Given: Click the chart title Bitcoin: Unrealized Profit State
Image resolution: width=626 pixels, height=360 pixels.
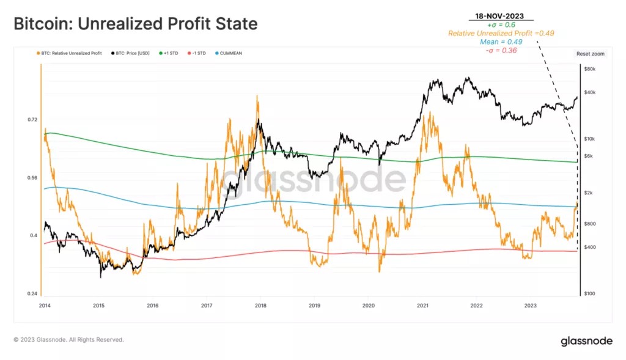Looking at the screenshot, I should pyautogui.click(x=135, y=24).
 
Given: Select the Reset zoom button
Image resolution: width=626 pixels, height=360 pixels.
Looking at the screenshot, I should pyautogui.click(x=590, y=54).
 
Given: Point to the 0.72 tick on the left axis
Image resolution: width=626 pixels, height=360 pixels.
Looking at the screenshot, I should pyautogui.click(x=32, y=120).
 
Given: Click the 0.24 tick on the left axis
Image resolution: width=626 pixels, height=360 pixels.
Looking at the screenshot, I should pyautogui.click(x=32, y=294).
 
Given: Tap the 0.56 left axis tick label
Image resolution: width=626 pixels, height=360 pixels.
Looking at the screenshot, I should pyautogui.click(x=32, y=178).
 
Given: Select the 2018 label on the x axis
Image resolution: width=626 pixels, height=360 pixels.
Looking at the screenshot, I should pyautogui.click(x=260, y=304).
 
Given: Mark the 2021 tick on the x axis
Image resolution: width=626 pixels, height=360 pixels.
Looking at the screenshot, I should pyautogui.click(x=422, y=304).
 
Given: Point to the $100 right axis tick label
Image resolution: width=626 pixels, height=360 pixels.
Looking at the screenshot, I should pyautogui.click(x=589, y=294).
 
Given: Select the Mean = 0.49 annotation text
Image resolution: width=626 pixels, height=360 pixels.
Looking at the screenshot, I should pyautogui.click(x=501, y=42).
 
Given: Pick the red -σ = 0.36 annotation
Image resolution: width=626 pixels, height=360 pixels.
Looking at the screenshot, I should pyautogui.click(x=501, y=50).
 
